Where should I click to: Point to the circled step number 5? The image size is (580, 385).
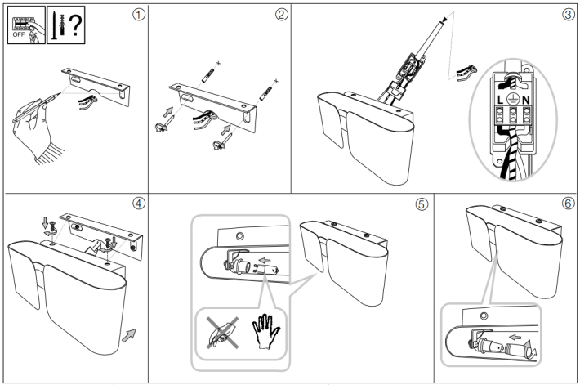pos(422,204)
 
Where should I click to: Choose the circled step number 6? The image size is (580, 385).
pos(568,204)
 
